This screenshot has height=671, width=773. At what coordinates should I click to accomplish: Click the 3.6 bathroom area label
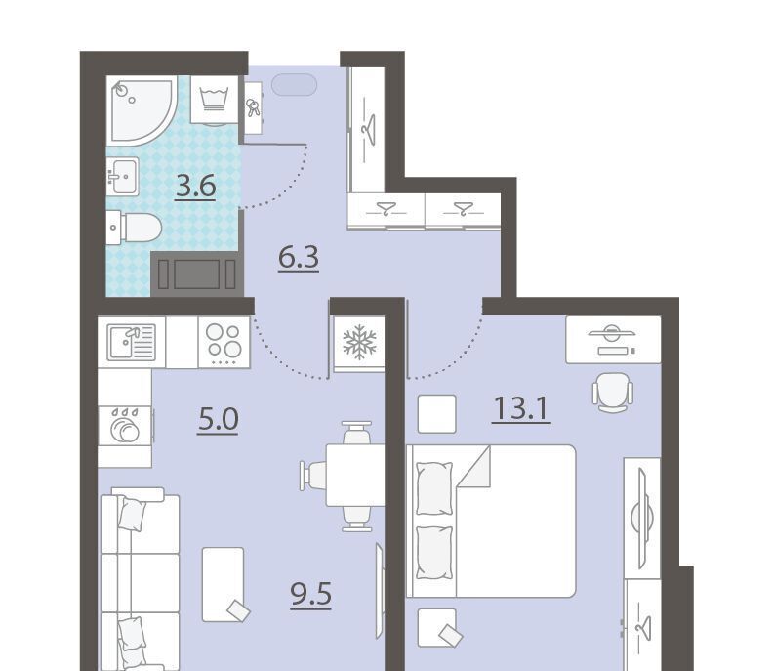point(196,187)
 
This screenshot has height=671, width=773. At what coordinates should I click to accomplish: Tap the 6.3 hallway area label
point(299,258)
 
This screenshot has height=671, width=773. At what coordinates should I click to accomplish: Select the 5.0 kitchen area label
point(218,420)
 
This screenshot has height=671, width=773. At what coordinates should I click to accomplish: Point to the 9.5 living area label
point(310,595)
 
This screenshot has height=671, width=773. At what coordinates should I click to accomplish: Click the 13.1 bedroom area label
point(521,409)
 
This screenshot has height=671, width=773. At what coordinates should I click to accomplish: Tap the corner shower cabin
point(142,110)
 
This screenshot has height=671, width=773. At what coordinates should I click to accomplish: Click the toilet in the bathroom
point(134,228)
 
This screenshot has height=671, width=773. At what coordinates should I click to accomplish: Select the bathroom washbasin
point(123,176)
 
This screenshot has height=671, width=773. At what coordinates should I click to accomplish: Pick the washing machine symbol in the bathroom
point(215,100)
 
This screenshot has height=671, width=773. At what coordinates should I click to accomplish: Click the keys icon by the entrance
point(253,107)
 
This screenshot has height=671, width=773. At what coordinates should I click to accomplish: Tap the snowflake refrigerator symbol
point(360,342)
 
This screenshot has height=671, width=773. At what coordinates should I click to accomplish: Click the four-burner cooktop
point(224,342)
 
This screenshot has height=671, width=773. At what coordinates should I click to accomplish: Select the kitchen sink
point(132,342)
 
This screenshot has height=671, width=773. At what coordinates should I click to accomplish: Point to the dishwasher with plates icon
point(125,426)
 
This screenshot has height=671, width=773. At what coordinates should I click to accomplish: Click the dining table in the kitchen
point(355,476)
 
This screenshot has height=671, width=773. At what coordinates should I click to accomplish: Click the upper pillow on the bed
point(434,488)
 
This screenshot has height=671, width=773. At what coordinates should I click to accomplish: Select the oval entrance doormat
point(295,85)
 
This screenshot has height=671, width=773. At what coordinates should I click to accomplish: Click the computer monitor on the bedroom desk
point(611,333)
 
